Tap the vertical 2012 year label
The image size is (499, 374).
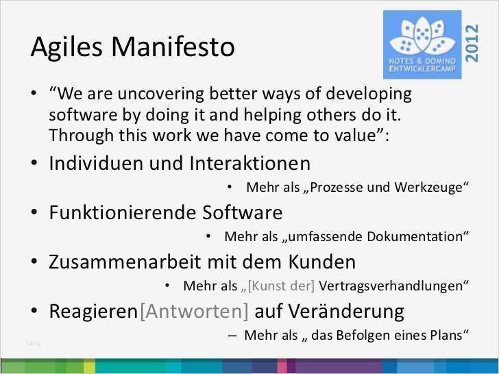[x=472, y=42]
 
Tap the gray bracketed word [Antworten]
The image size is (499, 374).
[x=194, y=312]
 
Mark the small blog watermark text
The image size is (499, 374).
[x=34, y=342]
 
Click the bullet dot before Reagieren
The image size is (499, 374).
[x=34, y=312]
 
